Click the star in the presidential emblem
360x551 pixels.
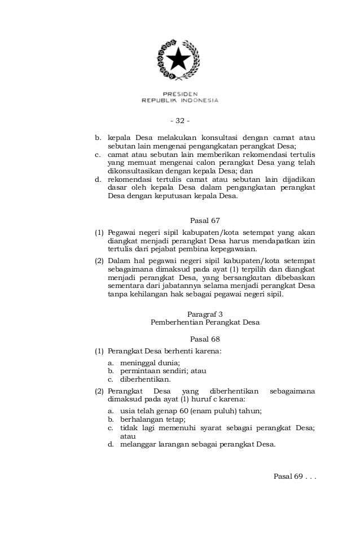[x=179, y=58]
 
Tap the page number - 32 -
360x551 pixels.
[x=180, y=120]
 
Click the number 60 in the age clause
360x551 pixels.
[x=179, y=411]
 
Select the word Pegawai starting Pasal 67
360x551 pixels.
[x=122, y=232]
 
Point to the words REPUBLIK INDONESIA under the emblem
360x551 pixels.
[x=179, y=101]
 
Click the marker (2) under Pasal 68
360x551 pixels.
[x=100, y=391]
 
